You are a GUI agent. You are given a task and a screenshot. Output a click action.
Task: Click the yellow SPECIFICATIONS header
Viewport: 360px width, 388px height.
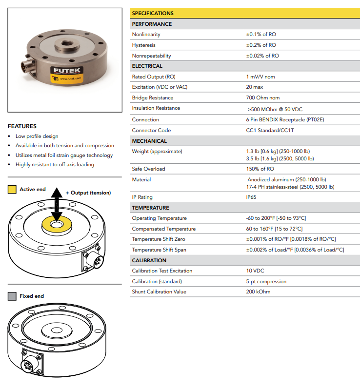pos(153,13)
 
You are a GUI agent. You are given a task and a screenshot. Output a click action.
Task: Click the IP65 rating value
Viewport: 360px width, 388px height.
pos(251,197)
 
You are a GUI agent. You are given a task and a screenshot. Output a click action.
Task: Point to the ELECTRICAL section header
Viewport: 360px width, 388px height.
pos(147,66)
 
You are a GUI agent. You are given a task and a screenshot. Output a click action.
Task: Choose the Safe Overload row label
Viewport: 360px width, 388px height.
pos(148,169)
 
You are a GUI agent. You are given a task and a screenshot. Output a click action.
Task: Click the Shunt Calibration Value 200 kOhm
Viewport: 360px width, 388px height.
pos(258,292)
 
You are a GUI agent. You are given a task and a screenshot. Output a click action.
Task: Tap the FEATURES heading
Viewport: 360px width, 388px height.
pos(22,126)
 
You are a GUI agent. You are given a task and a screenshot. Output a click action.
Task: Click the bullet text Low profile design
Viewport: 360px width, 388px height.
pos(37,136)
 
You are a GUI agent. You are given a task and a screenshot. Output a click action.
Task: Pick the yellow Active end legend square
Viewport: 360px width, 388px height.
pos(12,190)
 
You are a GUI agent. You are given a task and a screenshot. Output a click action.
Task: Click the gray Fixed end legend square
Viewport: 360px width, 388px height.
pos(12,296)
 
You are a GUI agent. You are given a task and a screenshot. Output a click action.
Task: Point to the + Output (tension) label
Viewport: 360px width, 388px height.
pos(88,193)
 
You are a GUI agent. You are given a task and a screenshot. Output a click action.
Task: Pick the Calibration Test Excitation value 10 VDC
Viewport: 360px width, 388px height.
pos(256,271)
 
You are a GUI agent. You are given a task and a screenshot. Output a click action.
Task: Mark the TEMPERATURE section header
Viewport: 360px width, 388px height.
pos(150,208)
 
